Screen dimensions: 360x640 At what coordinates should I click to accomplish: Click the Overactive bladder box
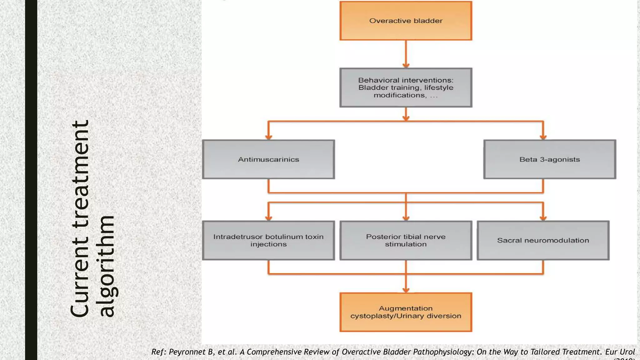tap(406, 21)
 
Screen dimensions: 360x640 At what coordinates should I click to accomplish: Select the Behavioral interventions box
tap(406, 87)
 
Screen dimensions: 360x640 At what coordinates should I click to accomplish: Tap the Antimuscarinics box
tap(268, 159)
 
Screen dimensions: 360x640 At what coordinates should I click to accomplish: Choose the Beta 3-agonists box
tap(549, 159)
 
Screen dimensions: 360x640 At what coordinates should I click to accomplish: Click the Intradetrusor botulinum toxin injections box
tap(268, 240)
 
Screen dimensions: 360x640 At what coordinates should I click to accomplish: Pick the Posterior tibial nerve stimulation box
tap(406, 240)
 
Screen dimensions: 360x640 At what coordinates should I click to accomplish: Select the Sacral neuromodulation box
tap(543, 240)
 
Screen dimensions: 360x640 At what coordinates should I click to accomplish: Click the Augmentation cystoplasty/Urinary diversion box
tap(406, 312)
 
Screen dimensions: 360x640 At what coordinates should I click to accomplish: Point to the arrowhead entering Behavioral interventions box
tap(406, 65)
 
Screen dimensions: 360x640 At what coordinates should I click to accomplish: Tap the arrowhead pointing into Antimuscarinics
tap(268, 137)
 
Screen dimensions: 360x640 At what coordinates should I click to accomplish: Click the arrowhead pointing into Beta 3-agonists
tap(543, 137)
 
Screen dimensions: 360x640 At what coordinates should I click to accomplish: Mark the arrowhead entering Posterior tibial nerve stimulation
tap(406, 218)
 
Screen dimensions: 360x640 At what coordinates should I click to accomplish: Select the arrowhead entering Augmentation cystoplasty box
tap(406, 290)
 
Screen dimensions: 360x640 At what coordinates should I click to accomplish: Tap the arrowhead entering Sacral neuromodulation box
tap(543, 218)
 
